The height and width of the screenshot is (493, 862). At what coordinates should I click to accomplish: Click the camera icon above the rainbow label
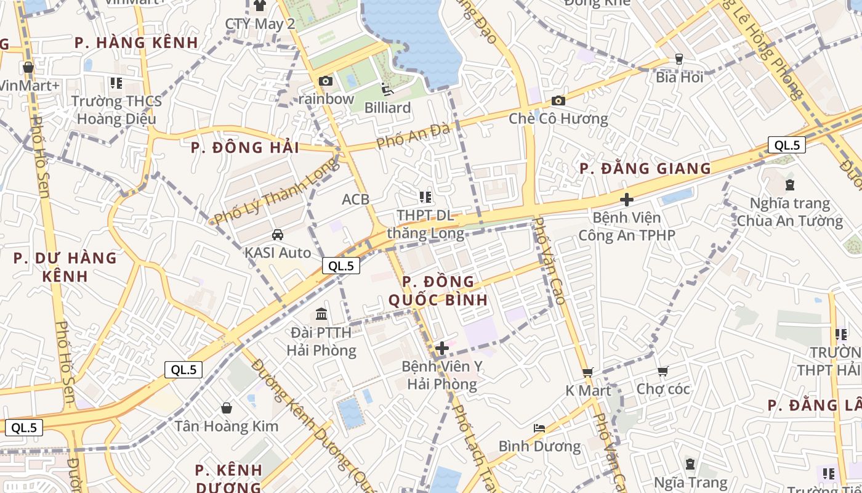point(325,81)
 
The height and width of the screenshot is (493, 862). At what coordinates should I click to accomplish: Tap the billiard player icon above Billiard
point(387,89)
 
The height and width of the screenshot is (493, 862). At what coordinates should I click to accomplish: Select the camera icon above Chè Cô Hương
point(558,100)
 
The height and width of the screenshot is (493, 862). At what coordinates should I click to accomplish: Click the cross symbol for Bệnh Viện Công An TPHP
point(627,200)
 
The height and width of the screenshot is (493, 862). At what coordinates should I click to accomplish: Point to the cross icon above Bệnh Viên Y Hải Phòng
point(441,348)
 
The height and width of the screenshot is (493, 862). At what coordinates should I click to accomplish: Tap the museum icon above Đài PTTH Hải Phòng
point(321,314)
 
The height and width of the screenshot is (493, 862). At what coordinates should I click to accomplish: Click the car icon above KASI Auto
point(278,235)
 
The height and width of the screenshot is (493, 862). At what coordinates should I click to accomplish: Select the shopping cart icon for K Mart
point(588,372)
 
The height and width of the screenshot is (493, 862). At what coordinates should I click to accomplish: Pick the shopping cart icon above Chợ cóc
point(663,371)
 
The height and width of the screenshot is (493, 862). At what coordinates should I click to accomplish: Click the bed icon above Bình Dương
point(539,428)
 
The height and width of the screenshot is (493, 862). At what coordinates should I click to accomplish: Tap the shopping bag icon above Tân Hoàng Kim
point(227,408)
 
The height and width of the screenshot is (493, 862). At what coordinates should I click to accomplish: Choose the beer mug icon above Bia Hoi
point(679,59)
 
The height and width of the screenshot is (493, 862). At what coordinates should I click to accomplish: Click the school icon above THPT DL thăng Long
point(425,197)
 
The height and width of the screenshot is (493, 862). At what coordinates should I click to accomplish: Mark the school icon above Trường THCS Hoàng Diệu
point(116,83)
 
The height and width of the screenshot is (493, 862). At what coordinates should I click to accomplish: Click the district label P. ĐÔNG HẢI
point(245,148)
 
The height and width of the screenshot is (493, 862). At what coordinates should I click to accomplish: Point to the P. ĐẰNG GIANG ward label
point(645,168)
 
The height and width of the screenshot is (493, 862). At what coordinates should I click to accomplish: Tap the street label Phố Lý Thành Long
point(276,191)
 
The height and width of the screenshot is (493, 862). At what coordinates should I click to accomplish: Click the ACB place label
point(356,199)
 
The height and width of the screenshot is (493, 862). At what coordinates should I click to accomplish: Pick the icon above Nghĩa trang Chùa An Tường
point(790,184)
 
